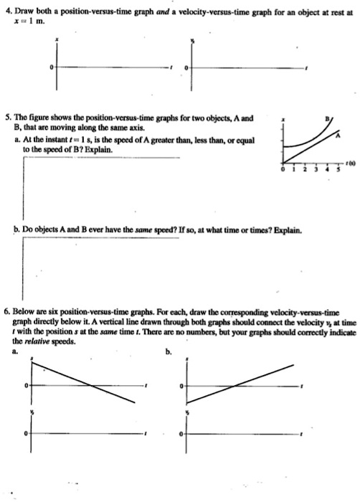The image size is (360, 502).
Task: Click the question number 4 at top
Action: click(6, 12)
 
